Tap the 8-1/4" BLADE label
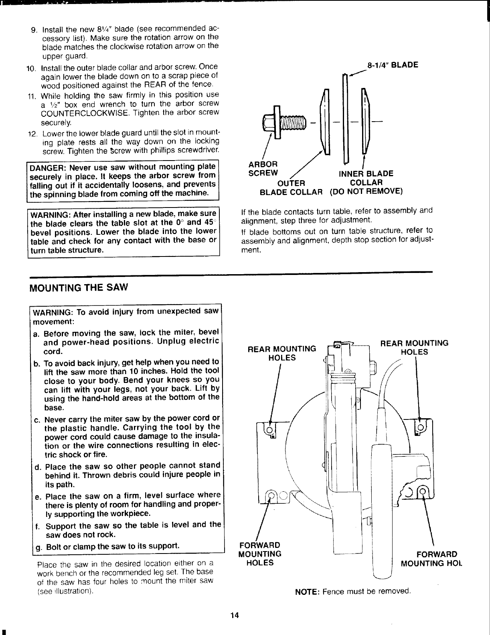point(393,65)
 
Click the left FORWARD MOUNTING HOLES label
point(260,554)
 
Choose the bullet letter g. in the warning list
point(38,547)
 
